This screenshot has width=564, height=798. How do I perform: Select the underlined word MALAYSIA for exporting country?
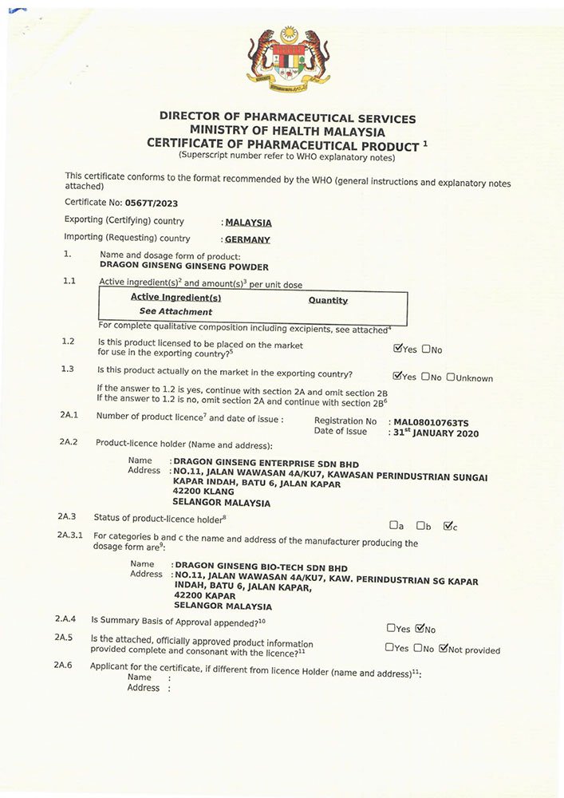(248, 223)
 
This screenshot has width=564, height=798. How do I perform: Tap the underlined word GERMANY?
(247, 239)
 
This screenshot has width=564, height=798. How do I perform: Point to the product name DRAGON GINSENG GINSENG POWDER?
(184, 267)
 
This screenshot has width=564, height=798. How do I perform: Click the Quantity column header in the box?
(328, 300)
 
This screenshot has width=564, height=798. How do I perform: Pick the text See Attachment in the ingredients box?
(176, 312)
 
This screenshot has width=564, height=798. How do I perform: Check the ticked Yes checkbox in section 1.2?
(398, 349)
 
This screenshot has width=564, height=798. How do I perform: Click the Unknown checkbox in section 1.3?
(451, 377)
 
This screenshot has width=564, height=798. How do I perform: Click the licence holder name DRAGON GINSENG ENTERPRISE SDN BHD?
(266, 464)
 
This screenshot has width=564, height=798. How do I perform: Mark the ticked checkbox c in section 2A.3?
(448, 525)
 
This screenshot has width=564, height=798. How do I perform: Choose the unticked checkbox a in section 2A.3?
(393, 525)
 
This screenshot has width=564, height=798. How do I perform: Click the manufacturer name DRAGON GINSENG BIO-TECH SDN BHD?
(261, 567)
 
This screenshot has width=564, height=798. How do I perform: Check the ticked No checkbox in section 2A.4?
(420, 628)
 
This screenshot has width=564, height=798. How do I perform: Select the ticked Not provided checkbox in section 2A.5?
(444, 649)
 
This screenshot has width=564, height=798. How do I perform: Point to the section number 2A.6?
(65, 665)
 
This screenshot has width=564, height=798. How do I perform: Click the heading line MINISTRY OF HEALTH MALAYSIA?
(287, 131)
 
